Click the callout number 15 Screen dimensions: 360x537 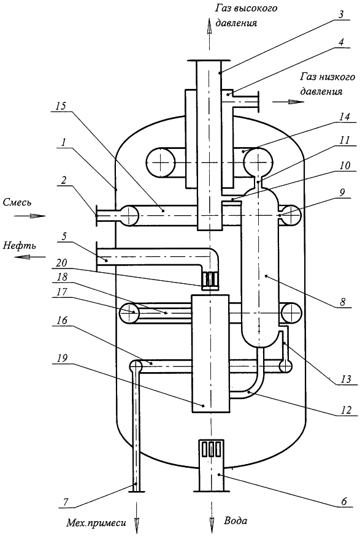pyautogui.click(x=61, y=105)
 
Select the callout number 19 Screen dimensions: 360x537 pyautogui.click(x=60, y=358)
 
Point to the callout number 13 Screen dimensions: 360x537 pyautogui.click(x=346, y=379)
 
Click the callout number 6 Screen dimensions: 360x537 pyautogui.click(x=344, y=501)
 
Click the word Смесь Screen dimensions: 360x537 pyautogui.click(x=17, y=202)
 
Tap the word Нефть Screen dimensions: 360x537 pyautogui.click(x=20, y=245)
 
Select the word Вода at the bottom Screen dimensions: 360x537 pyautogui.click(x=236, y=521)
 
